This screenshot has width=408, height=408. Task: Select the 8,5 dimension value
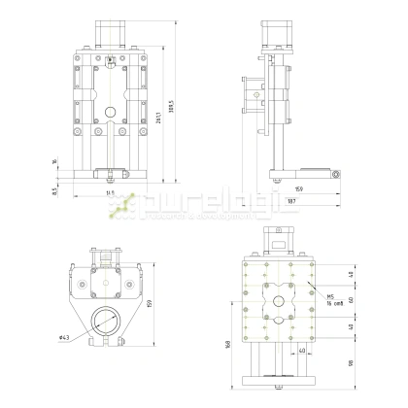[55, 190]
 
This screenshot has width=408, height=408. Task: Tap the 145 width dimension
[111, 196]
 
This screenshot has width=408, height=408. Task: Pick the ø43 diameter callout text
[64, 337]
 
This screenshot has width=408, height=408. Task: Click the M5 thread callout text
[331, 297]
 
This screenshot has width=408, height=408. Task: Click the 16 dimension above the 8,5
[55, 163]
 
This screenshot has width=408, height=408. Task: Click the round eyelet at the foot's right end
[335, 173]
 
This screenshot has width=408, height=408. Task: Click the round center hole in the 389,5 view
[111, 110]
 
